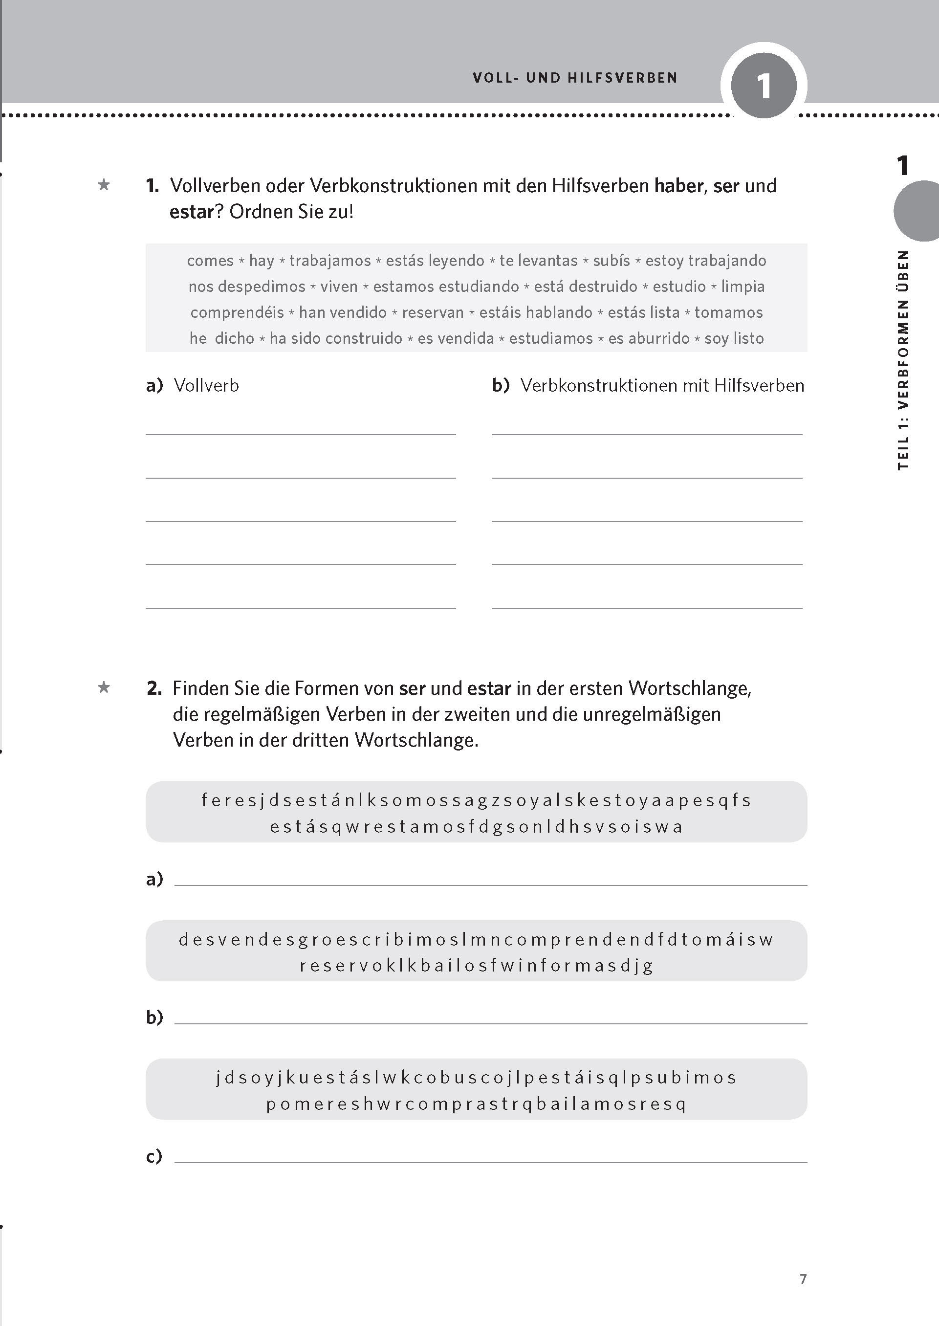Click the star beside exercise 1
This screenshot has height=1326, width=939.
104,185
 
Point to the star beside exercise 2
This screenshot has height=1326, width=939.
104,687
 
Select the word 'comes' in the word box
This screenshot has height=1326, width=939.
210,261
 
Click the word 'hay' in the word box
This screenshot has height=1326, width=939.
262,261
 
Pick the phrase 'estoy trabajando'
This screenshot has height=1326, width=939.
705,261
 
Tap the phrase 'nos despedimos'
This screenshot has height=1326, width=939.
246,287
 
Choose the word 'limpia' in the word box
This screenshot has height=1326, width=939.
742,287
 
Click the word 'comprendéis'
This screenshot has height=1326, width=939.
237,313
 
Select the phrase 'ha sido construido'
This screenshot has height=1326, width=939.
335,338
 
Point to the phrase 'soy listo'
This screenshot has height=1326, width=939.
734,338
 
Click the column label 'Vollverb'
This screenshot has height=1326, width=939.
206,386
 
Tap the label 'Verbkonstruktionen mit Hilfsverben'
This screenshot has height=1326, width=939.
662,386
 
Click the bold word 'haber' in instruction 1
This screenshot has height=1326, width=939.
679,186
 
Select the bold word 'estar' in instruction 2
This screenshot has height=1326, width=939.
489,688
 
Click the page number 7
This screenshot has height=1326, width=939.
803,1279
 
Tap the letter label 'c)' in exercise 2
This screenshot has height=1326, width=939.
154,1156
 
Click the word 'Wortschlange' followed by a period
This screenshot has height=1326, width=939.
416,740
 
